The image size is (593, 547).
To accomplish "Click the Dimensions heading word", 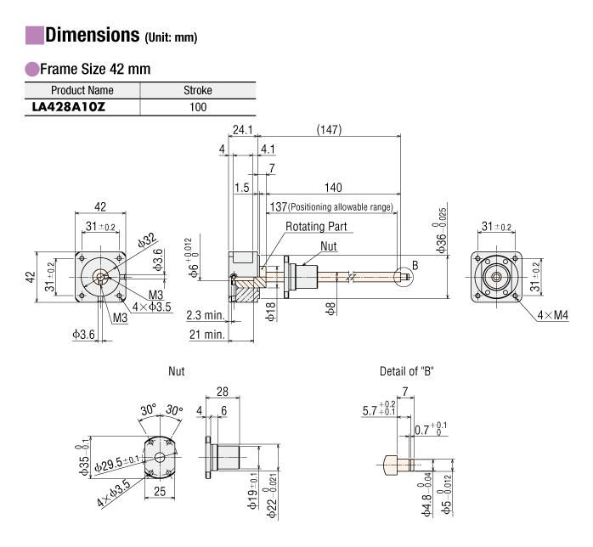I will (x=91, y=36).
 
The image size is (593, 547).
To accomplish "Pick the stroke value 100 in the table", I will (x=197, y=106).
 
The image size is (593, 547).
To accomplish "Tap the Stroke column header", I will (x=197, y=90).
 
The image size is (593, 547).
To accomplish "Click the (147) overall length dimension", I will (x=328, y=130).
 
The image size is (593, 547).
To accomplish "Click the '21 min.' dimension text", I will (x=206, y=336).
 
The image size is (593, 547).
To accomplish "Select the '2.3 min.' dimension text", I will (x=206, y=316).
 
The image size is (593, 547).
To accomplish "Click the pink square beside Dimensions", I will (x=34, y=36).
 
